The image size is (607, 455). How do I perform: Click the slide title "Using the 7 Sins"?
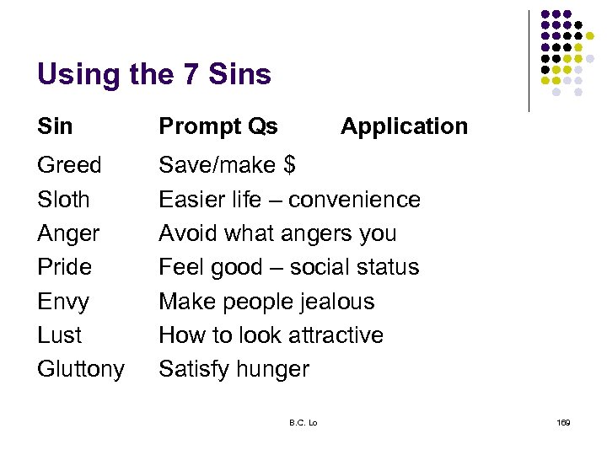[154, 75]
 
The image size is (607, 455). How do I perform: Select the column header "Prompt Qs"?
[218, 126]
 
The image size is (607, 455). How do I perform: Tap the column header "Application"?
[404, 126]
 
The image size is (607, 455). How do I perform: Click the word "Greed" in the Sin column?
[69, 165]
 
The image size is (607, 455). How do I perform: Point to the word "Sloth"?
[63, 200]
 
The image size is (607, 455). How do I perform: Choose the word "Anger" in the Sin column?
[68, 233]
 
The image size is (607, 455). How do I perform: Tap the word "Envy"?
[63, 302]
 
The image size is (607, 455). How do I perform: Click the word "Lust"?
[60, 335]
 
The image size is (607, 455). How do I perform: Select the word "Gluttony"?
[81, 369]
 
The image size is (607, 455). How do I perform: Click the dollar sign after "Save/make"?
[288, 165]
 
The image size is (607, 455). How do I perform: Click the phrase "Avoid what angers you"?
[277, 233]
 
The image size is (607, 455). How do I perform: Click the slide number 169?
[563, 422]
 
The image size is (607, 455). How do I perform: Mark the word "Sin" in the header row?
[55, 126]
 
